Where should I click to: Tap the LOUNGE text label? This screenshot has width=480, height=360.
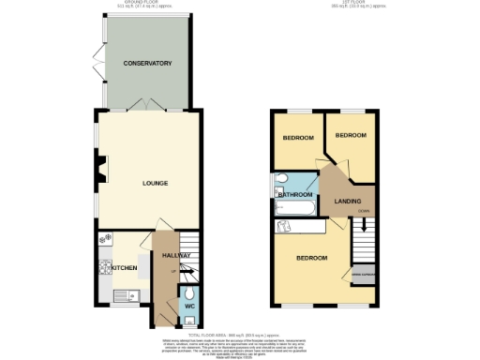pos(155,183)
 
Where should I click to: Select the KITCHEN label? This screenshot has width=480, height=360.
pos(126,269)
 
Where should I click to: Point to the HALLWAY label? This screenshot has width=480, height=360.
pos(176,255)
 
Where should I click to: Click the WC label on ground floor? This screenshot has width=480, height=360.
pos(188,306)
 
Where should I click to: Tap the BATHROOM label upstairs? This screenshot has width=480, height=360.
pos(295,194)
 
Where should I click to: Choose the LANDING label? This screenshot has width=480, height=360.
pos(349,201)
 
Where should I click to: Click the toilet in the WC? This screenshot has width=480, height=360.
pos(189,291)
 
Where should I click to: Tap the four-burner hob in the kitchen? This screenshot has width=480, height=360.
pos(104,269)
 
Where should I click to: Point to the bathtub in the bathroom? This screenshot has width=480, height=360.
pos(298,226)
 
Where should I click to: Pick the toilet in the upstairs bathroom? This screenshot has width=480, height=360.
pos(282,178)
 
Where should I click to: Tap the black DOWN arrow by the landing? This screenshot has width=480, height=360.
pos(364,226)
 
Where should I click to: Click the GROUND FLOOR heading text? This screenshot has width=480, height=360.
pos(146,5)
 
